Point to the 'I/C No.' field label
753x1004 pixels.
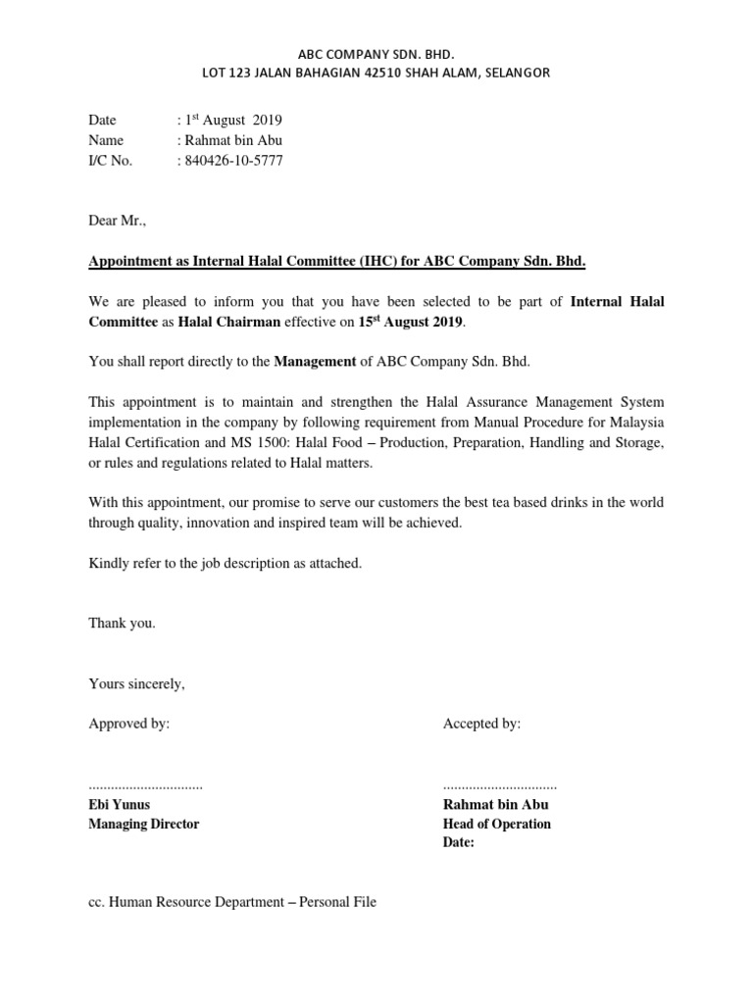tap(110, 161)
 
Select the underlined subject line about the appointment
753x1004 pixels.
tap(337, 262)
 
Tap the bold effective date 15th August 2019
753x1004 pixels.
tap(421, 321)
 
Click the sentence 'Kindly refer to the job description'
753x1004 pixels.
tap(226, 563)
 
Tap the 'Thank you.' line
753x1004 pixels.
tap(122, 623)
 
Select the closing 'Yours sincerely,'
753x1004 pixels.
tap(136, 683)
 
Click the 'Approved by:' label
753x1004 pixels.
tap(128, 724)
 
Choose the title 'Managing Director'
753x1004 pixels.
tap(143, 824)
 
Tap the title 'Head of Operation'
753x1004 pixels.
tap(496, 824)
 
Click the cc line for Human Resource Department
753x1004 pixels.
tap(232, 902)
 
